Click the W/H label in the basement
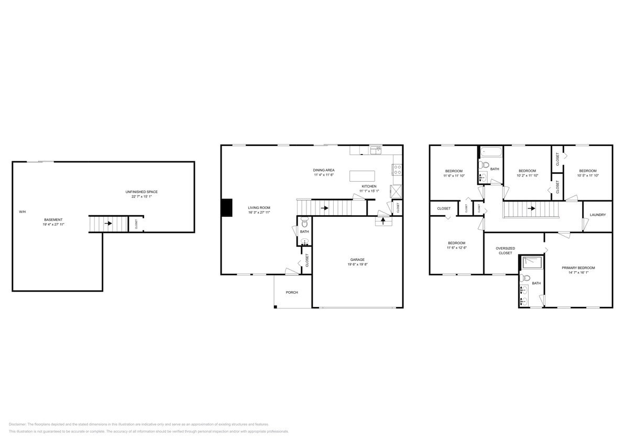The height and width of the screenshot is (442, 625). (x=22, y=212)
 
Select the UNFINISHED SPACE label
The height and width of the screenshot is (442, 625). (x=141, y=192)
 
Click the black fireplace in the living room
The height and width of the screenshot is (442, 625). (x=226, y=207)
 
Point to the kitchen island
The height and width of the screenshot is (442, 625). (x=360, y=175)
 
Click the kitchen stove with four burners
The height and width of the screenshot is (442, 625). (x=398, y=169)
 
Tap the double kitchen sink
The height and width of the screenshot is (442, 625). (x=376, y=151)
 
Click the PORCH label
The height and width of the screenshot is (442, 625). (x=292, y=292)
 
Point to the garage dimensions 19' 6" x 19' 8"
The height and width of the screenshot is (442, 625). (x=358, y=264)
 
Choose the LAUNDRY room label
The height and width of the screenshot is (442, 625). (x=598, y=215)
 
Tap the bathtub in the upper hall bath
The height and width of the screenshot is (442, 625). (x=491, y=152)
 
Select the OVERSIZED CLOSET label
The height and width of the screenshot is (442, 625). (x=506, y=250)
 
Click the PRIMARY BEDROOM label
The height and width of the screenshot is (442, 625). (x=578, y=268)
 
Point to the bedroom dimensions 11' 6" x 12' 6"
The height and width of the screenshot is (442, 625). (x=456, y=248)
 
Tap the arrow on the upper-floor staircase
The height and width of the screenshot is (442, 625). (x=532, y=208)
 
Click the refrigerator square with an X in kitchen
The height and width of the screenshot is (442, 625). (x=396, y=191)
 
